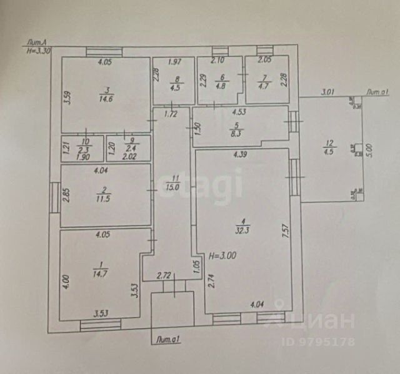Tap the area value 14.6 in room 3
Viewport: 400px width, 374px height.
[x=104, y=97]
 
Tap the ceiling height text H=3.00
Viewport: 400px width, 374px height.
[x=222, y=255]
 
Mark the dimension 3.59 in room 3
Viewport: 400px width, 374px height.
[x=67, y=97]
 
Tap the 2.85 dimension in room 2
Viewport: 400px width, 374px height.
[x=66, y=195]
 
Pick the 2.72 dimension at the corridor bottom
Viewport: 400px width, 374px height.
[x=165, y=275]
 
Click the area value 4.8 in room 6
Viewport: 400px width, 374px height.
[x=219, y=87]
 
